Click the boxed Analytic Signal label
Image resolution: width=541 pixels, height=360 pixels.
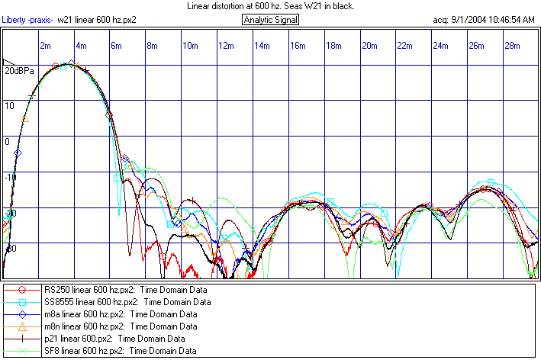(x=272, y=19)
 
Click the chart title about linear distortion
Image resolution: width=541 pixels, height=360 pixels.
(x=270, y=5)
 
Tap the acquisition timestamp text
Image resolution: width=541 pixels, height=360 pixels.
(x=484, y=19)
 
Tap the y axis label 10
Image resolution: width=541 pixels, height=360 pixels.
(x=9, y=105)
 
